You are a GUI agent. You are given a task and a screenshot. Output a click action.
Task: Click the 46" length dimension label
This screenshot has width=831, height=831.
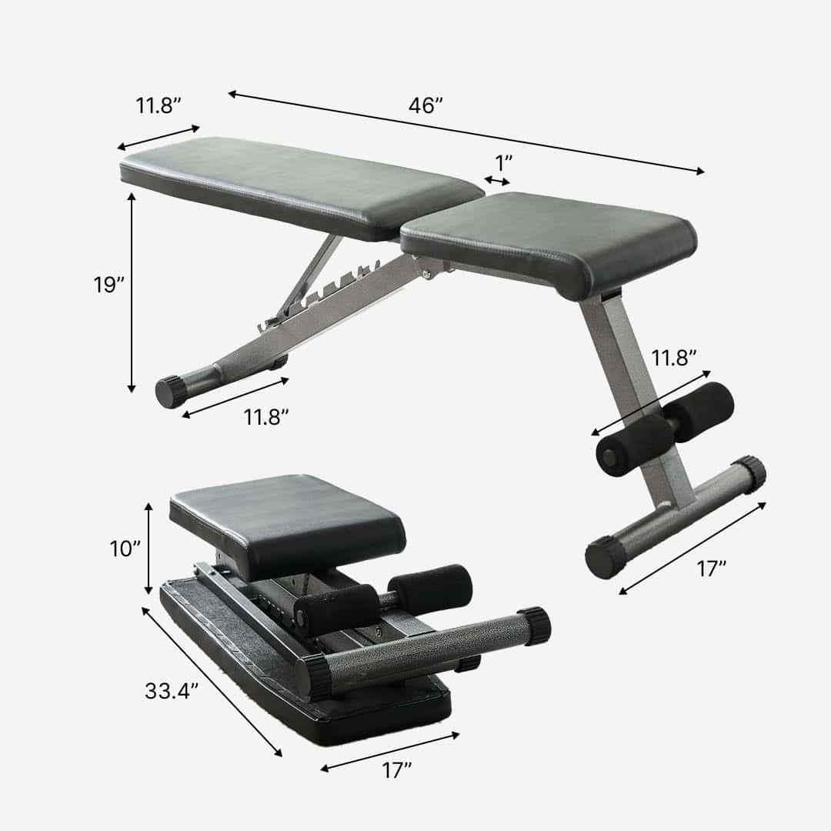tap(426, 106)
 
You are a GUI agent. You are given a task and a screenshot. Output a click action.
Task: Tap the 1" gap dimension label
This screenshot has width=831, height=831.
tap(504, 163)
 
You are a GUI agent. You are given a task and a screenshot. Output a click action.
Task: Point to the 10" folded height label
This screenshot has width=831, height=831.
tap(125, 549)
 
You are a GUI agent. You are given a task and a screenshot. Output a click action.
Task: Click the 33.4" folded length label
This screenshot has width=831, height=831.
tap(172, 691)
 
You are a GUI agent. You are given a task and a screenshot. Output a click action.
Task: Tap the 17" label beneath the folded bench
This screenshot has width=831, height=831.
tap(397, 770)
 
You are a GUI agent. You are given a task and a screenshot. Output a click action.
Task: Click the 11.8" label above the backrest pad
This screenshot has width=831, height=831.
tap(159, 106)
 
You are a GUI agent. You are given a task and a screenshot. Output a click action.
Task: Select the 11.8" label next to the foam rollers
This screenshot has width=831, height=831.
tap(674, 358)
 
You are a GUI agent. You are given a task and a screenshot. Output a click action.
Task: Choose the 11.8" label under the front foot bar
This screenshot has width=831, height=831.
tap(266, 417)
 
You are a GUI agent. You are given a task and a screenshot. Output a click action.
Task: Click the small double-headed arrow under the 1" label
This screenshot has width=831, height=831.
tap(497, 181)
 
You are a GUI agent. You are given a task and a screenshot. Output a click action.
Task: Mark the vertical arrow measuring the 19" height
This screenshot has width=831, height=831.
tap(132, 292)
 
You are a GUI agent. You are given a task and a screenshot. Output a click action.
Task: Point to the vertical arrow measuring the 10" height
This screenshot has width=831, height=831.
tap(149, 548)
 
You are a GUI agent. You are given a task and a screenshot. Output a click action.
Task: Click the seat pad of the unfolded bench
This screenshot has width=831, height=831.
tap(548, 239)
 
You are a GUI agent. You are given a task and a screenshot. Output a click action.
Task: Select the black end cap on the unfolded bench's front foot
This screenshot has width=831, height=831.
tap(171, 392)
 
